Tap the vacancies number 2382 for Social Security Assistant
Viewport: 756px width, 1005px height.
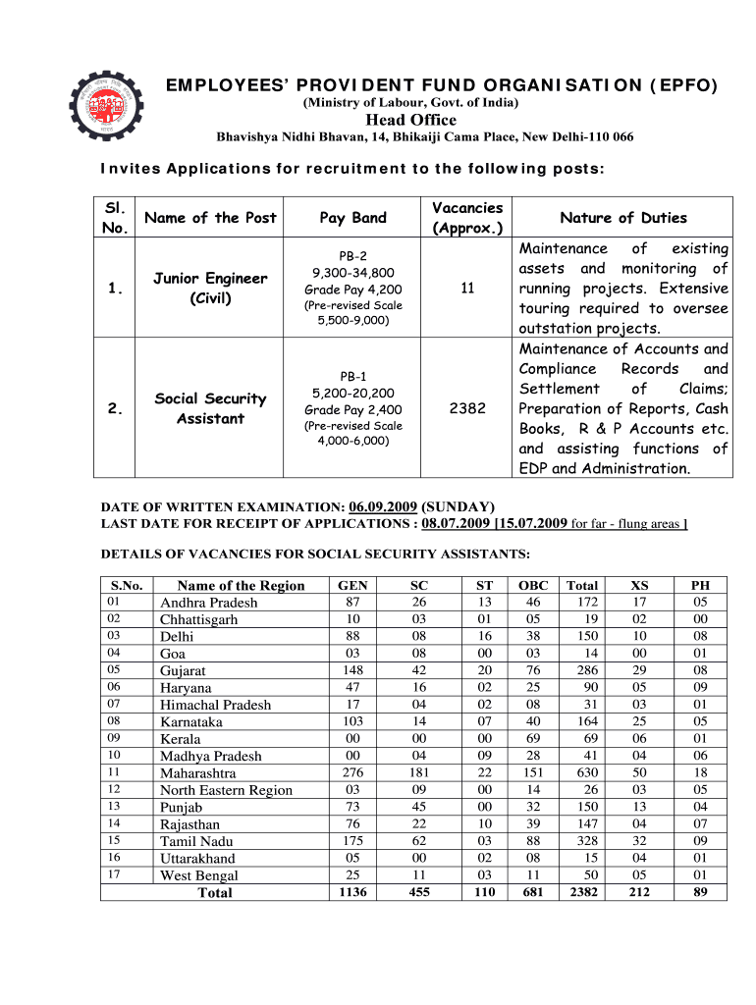tap(467, 408)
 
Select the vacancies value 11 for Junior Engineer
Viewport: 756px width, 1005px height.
tap(467, 288)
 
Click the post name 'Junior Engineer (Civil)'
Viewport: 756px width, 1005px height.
tap(210, 288)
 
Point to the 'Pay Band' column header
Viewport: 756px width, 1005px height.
tap(352, 218)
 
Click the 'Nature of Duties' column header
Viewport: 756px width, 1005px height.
tap(622, 218)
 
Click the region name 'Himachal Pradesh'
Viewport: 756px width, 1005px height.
tap(215, 705)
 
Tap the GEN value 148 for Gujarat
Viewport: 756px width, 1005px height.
tap(347, 670)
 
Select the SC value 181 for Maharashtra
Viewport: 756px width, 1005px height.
tap(418, 773)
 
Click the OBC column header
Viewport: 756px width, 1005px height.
tap(533, 585)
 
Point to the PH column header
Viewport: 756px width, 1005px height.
tap(699, 585)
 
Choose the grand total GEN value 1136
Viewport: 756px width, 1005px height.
tap(347, 892)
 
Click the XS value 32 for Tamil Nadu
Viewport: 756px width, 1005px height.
tap(639, 841)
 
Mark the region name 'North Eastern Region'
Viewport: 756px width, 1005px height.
tap(226, 790)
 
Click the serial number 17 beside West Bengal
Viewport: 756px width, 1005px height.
tap(114, 874)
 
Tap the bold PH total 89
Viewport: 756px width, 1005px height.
tap(699, 892)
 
